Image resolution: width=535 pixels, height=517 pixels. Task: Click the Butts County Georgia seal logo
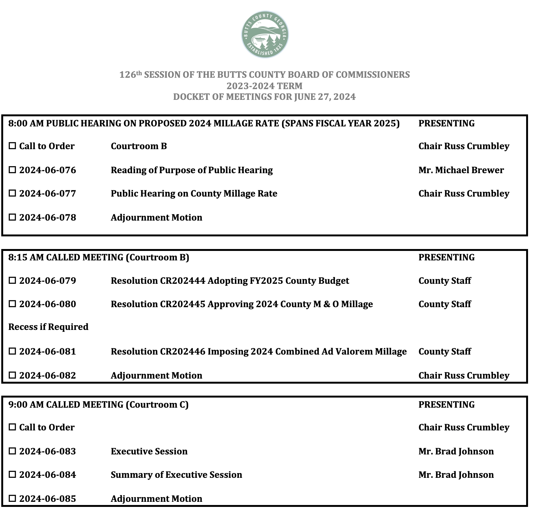[x=265, y=35]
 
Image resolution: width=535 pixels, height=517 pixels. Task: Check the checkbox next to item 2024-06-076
[x=12, y=170]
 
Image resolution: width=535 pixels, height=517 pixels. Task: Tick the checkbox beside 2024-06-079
[x=12, y=281]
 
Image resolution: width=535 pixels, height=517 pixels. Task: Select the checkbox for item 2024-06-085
[x=12, y=499]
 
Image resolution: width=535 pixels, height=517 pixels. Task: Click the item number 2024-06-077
[x=47, y=194]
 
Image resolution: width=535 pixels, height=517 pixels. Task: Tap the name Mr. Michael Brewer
[x=461, y=170]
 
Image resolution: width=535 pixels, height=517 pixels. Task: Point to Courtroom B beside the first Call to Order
[x=139, y=146]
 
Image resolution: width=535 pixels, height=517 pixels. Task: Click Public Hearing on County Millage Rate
[x=194, y=194]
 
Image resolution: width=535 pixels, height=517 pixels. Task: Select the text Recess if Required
[x=48, y=327]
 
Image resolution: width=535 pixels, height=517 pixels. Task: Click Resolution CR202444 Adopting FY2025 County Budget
[x=230, y=281]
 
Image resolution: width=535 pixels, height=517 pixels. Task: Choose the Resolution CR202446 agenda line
[x=259, y=352]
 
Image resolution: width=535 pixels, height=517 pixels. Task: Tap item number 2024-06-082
[x=47, y=376]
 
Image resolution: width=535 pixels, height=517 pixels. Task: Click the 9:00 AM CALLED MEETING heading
[x=98, y=405]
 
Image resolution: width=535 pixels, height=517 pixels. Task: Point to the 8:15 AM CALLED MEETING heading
[x=98, y=258]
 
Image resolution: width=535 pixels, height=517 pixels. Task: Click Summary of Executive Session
[x=176, y=475]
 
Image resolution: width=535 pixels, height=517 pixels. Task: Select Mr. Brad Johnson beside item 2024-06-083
[x=456, y=452]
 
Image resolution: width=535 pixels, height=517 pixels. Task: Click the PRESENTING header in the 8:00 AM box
[x=446, y=124]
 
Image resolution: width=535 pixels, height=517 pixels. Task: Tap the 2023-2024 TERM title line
[x=264, y=86]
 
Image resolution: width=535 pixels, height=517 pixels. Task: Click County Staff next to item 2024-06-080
[x=444, y=304]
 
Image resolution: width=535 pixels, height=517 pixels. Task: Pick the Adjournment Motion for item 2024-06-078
[x=156, y=218]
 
